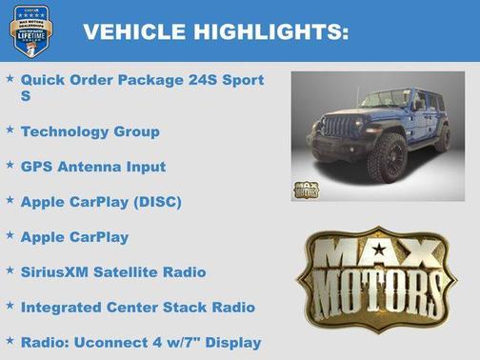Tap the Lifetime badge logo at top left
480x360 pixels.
point(31,30)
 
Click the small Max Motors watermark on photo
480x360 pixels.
point(306,189)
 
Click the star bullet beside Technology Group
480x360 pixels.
point(10,128)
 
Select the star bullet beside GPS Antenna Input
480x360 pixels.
point(10,163)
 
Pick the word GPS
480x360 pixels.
point(36,167)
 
